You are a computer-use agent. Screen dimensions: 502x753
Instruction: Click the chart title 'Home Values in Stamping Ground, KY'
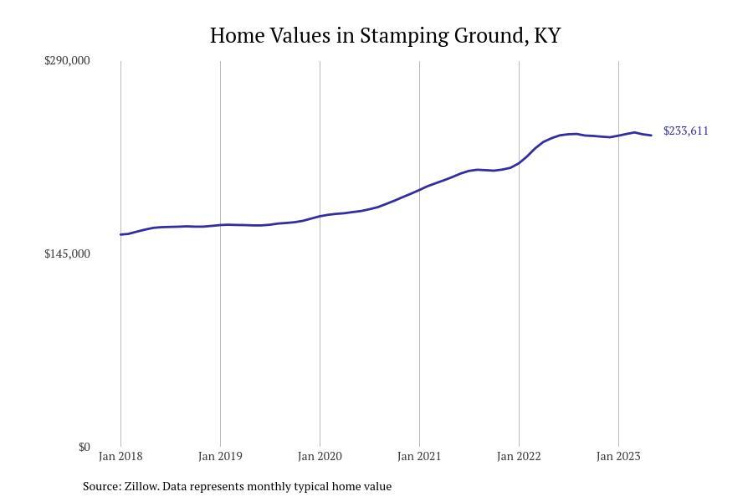pos(385,36)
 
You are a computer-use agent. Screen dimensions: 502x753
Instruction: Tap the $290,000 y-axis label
pos(67,60)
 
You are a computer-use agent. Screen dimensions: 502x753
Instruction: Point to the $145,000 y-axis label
pos(67,254)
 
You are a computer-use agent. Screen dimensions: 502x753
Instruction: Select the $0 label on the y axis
pos(84,447)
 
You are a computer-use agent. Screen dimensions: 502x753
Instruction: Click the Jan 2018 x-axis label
pos(120,456)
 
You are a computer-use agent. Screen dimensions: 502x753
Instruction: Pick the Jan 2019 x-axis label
pos(220,456)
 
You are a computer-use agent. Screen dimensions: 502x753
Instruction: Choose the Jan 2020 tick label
pos(320,456)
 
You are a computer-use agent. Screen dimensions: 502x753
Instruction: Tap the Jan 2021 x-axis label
pos(419,456)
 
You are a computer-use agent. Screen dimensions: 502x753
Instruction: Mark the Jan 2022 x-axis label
pos(519,456)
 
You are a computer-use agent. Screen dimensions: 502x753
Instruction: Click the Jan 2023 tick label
pos(618,456)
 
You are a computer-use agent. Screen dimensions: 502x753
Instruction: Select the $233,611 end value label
pos(686,131)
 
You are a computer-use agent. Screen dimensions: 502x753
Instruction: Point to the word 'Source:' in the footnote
pos(101,486)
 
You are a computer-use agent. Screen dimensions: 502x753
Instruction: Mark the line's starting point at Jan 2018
pos(121,234)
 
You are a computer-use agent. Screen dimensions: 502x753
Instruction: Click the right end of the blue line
pos(651,136)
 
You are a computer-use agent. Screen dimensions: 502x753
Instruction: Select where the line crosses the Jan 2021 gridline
pos(419,189)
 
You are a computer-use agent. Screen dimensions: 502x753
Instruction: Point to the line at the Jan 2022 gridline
pos(519,162)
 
